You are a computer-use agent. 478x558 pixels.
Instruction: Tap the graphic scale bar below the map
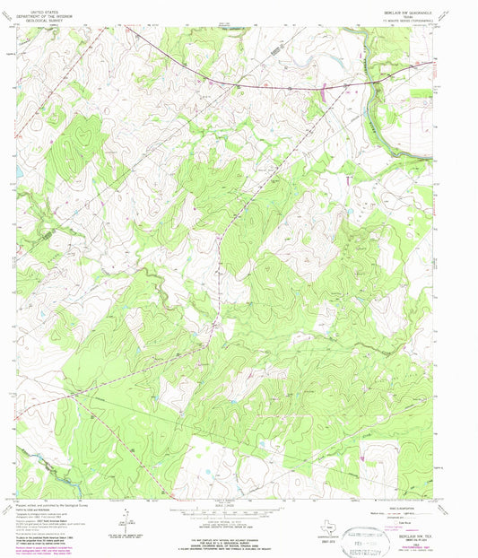[x=238, y=512]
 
